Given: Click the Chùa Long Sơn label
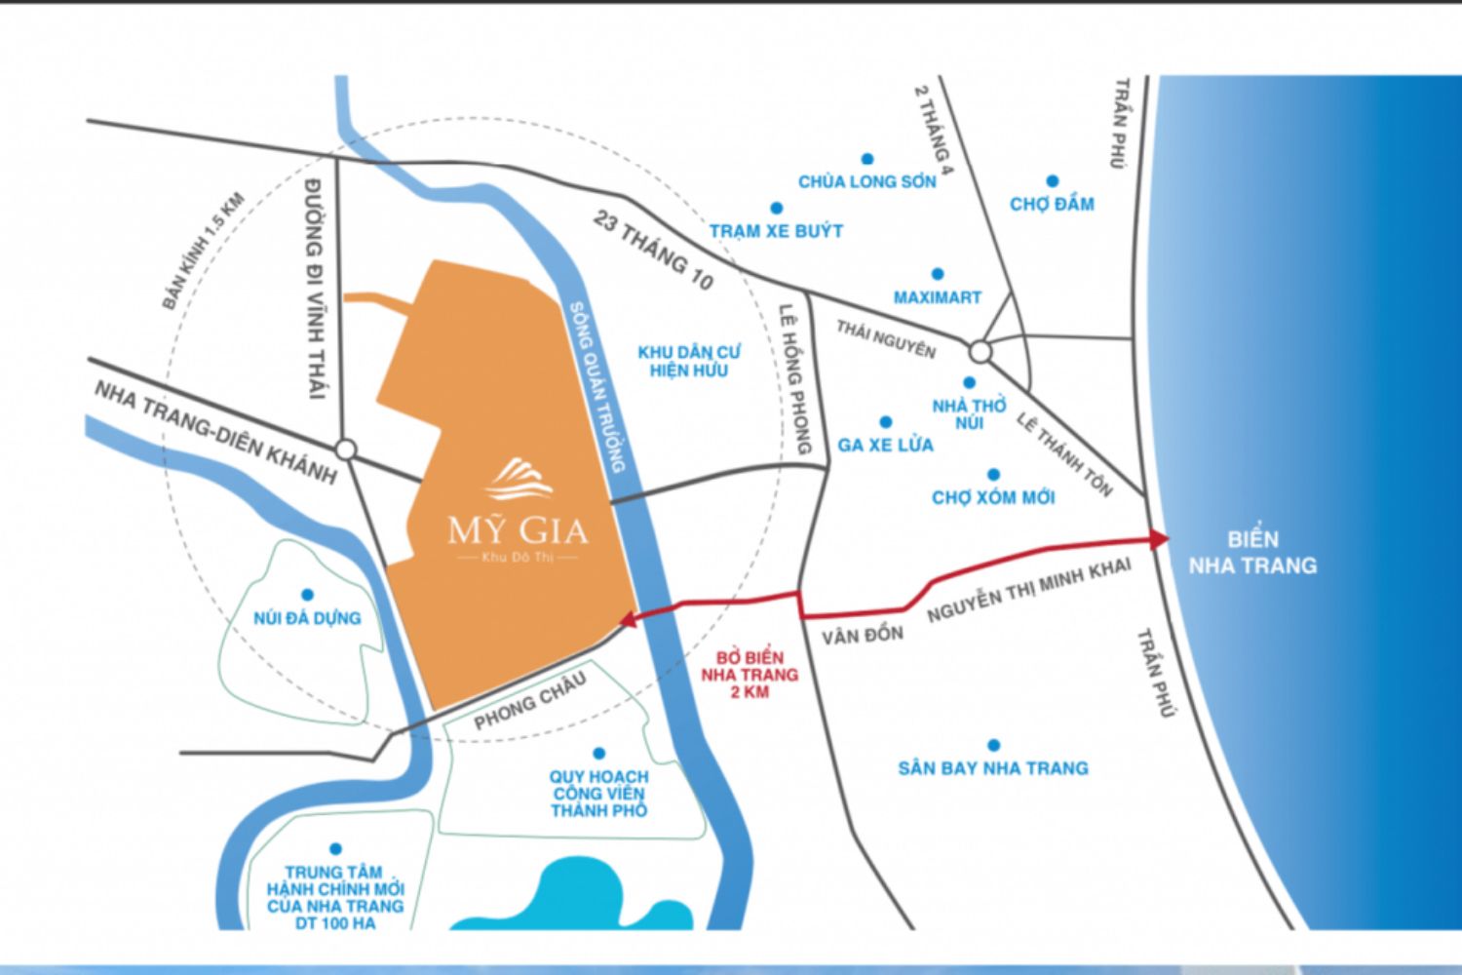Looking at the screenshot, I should [866, 181].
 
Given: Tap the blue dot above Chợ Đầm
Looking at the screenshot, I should [1053, 181].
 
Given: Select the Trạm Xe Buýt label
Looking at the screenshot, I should [776, 231].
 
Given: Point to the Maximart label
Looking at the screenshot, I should [937, 297].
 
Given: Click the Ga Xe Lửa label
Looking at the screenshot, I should [885, 445].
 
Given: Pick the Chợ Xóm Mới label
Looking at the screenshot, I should [993, 497].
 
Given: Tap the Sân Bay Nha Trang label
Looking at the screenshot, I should [992, 768].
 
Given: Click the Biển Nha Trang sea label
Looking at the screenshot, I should [1252, 552].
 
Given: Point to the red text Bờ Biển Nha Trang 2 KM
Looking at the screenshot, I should [749, 675].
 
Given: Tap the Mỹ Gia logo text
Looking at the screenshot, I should [518, 530].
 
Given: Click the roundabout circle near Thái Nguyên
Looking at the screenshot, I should [980, 352].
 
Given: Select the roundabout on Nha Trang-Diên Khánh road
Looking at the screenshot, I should [345, 449].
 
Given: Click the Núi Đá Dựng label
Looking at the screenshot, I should [307, 618].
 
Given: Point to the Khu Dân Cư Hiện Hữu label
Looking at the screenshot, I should [689, 361].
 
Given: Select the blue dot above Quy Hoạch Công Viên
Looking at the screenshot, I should [598, 754].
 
